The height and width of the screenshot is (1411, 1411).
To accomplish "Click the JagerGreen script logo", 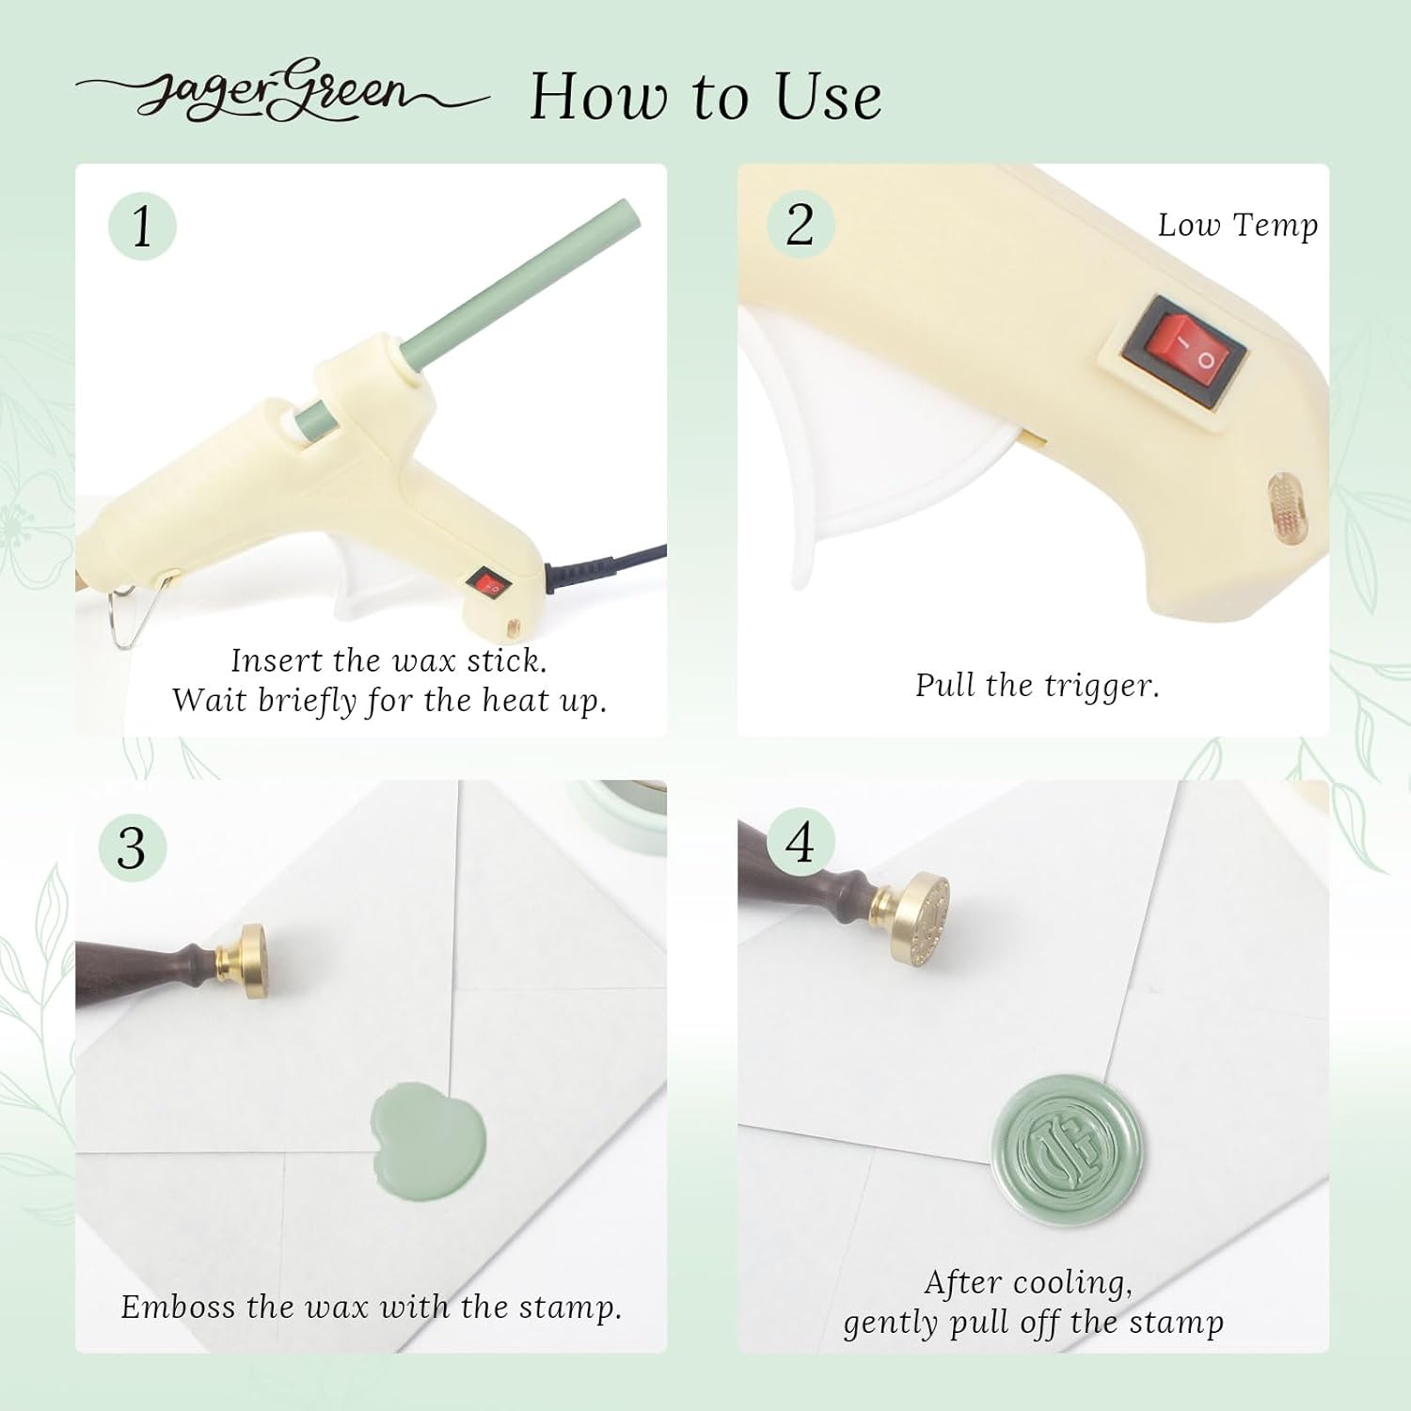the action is pos(282,95).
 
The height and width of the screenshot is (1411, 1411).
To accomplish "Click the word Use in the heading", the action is pos(829,96).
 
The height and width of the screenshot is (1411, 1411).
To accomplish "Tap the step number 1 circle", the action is pos(142,227).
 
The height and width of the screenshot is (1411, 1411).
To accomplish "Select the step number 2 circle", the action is pos(801,226).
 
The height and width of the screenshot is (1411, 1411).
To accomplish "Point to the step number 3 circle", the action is pos(133,847).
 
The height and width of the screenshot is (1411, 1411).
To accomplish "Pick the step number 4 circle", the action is pos(800,842).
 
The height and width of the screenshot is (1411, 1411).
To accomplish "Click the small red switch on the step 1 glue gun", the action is pos(489,584).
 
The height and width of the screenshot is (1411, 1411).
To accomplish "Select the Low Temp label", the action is pos(1237,226).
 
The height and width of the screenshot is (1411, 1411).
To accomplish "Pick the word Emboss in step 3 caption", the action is pos(179,1307).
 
